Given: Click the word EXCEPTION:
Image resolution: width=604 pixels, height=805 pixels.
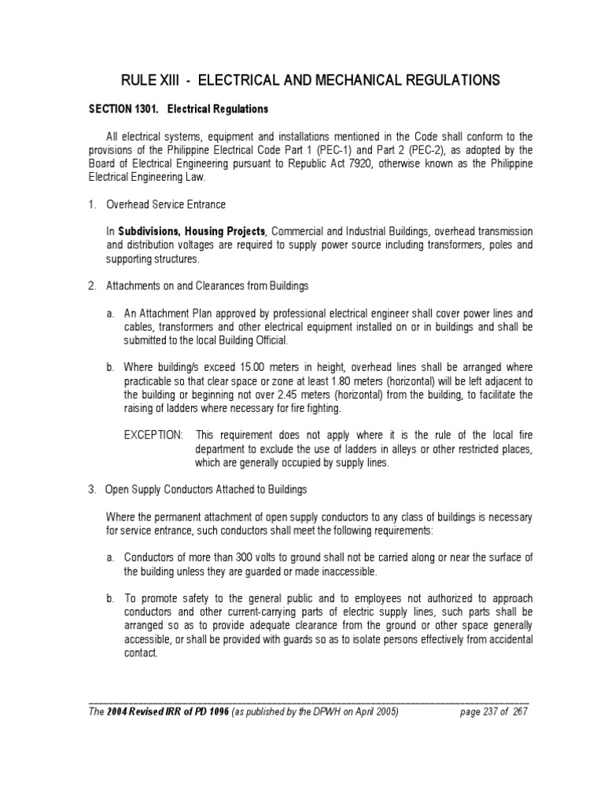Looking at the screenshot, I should pos(153,435).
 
